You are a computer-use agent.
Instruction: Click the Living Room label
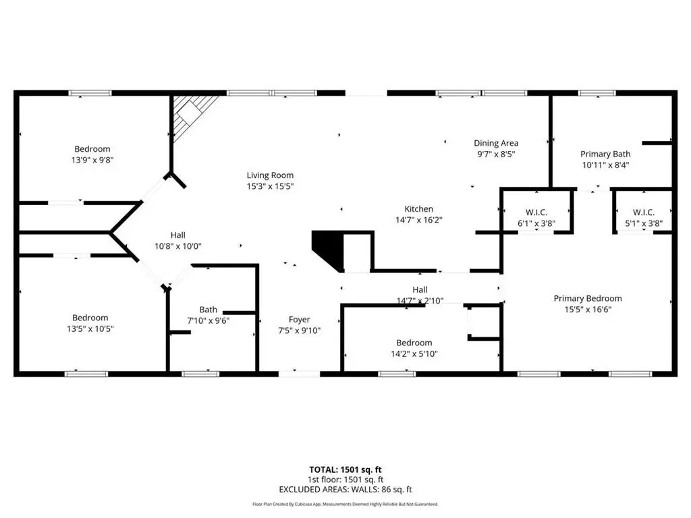(x=270, y=175)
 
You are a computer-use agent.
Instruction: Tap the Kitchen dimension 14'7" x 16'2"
(x=418, y=220)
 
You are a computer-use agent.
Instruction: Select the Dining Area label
(x=495, y=143)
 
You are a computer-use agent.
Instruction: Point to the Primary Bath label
(x=605, y=154)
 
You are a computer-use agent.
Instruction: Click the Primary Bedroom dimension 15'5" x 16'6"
(x=587, y=310)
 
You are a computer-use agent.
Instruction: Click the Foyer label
(x=300, y=320)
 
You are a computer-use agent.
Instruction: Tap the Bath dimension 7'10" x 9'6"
(x=209, y=321)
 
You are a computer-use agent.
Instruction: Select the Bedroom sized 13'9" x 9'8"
(x=92, y=149)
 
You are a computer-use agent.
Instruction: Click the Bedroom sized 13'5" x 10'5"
(x=90, y=318)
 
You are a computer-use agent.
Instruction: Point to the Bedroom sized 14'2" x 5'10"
(x=414, y=343)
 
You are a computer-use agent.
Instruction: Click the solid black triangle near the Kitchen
(x=327, y=248)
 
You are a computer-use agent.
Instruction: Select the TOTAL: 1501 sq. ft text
(x=345, y=469)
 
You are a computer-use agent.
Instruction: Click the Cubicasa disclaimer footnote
(x=345, y=504)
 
